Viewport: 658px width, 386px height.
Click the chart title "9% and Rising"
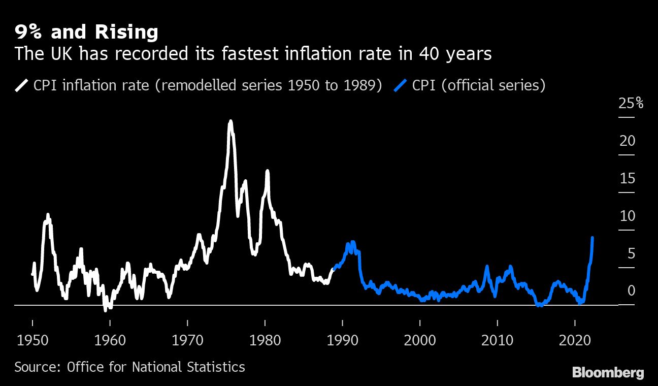(x=86, y=33)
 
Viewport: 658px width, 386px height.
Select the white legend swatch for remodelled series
(x=22, y=85)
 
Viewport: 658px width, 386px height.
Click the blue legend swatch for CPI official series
(x=401, y=85)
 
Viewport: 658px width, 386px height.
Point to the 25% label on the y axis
(x=631, y=104)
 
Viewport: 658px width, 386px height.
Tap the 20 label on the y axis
(x=628, y=141)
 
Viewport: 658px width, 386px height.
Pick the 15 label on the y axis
(x=628, y=179)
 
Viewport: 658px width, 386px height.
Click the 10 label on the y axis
(x=628, y=216)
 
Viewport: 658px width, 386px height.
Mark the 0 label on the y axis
(x=631, y=291)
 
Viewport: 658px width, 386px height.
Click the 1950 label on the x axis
(x=32, y=339)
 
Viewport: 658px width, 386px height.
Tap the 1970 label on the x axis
(x=188, y=339)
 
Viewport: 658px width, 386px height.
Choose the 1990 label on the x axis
(x=343, y=339)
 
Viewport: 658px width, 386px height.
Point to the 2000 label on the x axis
(x=420, y=339)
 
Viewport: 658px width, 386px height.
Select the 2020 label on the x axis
(x=575, y=339)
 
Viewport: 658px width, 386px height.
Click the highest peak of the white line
(x=231, y=121)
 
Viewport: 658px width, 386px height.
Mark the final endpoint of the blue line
(x=593, y=237)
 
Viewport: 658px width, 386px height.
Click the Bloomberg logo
(x=608, y=373)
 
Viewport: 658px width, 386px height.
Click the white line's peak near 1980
(x=267, y=171)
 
